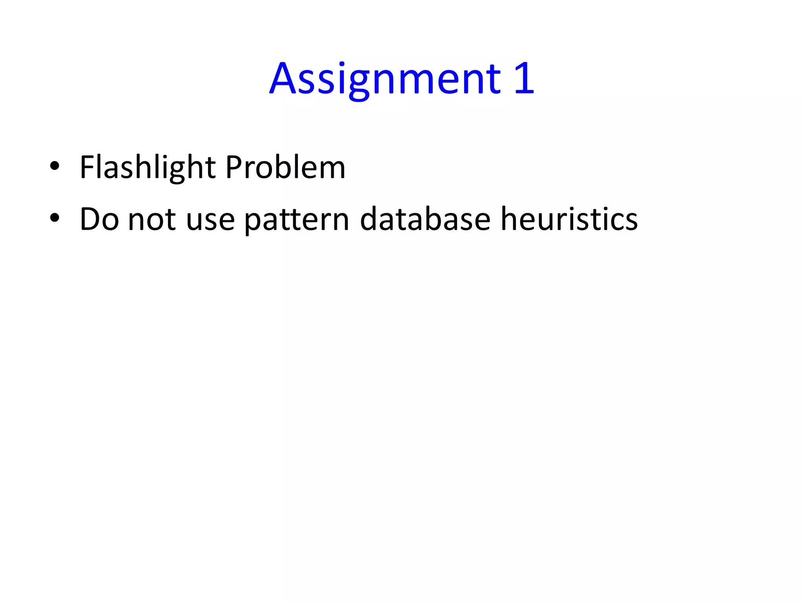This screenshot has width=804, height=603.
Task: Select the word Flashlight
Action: tap(148, 167)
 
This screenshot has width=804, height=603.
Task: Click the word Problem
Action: tap(285, 167)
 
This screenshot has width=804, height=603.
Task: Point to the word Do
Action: tap(99, 219)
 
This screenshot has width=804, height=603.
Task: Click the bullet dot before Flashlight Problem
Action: tap(55, 166)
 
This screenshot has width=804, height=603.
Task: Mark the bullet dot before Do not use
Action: tap(55, 218)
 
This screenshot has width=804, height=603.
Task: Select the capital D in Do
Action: tap(90, 219)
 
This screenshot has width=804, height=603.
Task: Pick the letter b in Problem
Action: tap(282, 167)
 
